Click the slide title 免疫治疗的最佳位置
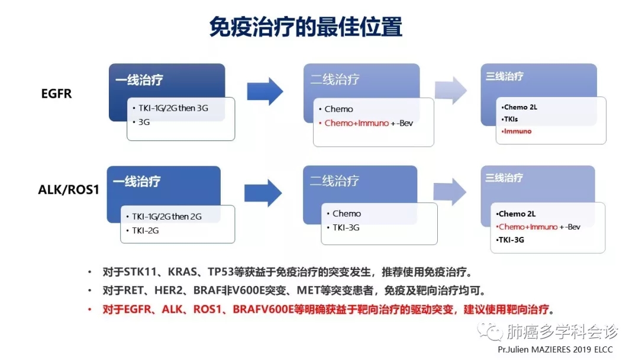click(306, 27)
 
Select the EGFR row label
click(56, 94)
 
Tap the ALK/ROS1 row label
click(69, 189)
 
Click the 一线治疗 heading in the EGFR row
click(139, 79)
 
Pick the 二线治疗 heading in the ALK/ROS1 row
click(334, 181)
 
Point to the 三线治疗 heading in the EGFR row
click(505, 76)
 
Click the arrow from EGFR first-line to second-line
click(265, 91)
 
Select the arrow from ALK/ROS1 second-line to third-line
click(450, 191)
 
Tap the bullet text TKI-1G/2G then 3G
click(173, 108)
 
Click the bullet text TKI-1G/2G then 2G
click(166, 217)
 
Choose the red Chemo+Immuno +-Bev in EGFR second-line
click(369, 123)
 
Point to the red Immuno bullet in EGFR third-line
click(518, 131)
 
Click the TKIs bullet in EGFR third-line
click(511, 119)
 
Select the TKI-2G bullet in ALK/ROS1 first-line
click(145, 231)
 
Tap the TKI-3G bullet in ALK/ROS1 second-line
click(346, 227)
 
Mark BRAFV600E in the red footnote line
click(263, 310)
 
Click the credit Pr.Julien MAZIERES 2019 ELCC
click(555, 349)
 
